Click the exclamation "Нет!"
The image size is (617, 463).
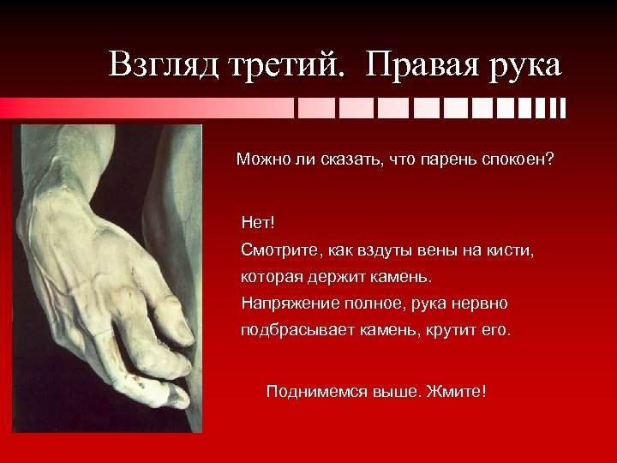pos(258,223)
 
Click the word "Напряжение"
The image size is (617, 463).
pos(286,304)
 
